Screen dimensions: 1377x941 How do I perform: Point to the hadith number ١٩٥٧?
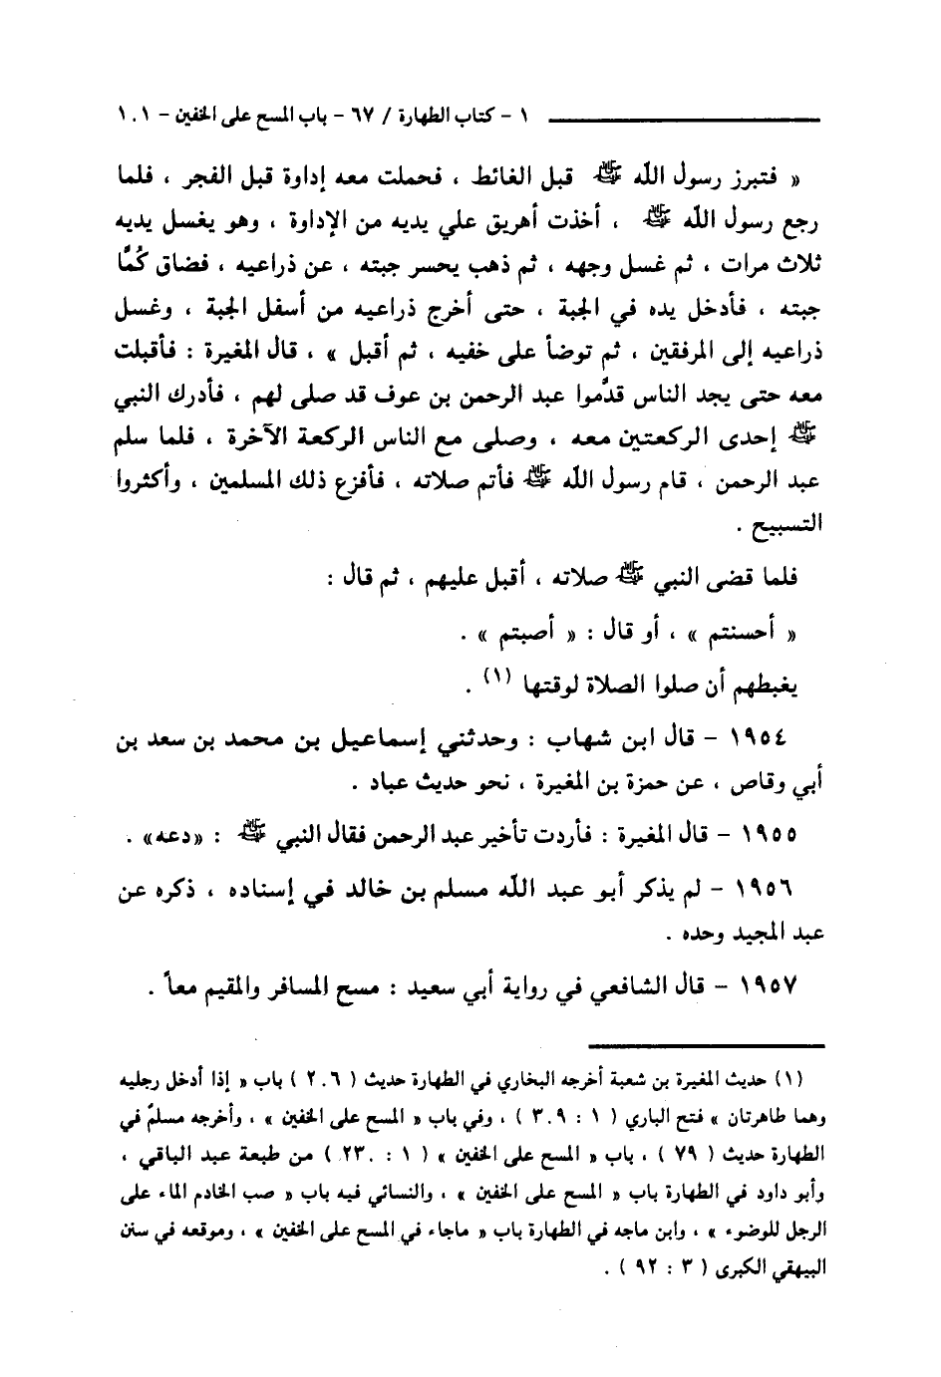tap(769, 986)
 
